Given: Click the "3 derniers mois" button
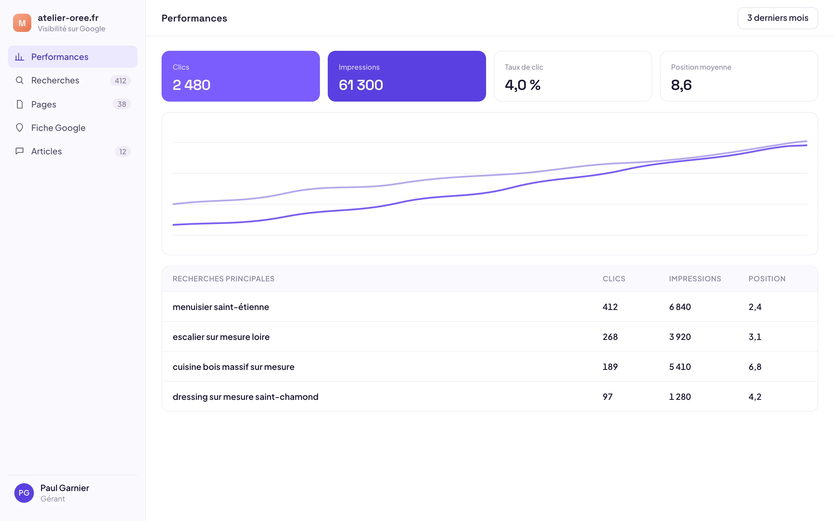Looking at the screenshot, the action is (778, 18).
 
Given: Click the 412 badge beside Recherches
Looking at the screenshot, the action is (120, 81).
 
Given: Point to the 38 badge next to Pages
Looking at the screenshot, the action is (122, 104).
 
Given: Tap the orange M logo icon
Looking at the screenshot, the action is (22, 23).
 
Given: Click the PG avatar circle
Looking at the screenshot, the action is (24, 493).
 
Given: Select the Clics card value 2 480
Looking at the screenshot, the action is (191, 85).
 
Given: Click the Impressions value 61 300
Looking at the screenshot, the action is (361, 85).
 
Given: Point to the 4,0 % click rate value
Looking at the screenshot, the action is (523, 85).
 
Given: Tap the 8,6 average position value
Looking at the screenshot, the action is (681, 85).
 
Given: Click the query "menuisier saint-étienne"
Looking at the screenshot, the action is (221, 307).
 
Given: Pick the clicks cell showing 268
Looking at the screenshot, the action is (610, 337).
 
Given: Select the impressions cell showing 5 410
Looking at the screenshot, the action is (680, 367).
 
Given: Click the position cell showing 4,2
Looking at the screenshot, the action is (755, 397).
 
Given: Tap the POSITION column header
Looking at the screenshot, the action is (767, 279).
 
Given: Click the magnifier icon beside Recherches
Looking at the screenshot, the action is (20, 80).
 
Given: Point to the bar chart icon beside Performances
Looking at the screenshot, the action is (20, 57).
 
